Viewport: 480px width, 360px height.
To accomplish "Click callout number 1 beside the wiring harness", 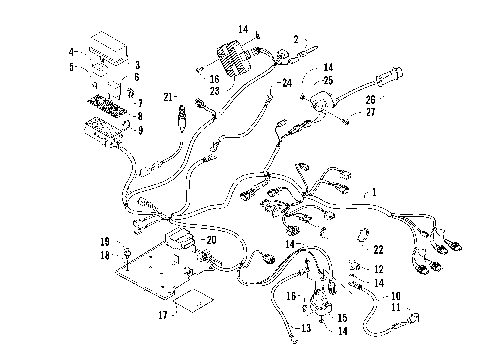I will (374, 189).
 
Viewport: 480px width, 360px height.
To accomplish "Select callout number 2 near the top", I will (295, 38).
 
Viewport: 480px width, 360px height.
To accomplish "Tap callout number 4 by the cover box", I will (71, 50).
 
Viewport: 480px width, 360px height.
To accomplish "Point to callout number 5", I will (71, 67).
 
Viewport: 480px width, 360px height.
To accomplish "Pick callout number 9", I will (139, 129).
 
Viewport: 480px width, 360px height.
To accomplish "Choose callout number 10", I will (397, 295).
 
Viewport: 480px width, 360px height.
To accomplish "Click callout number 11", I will (395, 311).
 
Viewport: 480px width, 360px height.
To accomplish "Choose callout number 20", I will (211, 240).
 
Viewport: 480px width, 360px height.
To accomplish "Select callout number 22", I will (379, 249).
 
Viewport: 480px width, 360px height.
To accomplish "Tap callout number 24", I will (287, 83).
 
